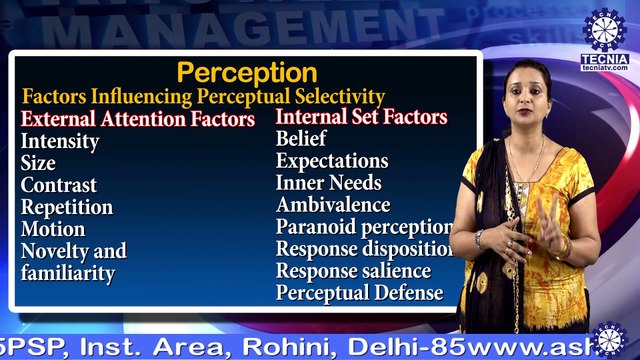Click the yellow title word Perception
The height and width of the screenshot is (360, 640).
pyautogui.click(x=247, y=73)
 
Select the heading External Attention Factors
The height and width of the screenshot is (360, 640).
pyautogui.click(x=138, y=120)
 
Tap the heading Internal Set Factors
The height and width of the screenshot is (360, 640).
pyautogui.click(x=361, y=117)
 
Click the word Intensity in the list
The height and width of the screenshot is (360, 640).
pyautogui.click(x=60, y=141)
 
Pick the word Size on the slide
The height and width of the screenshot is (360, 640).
pyautogui.click(x=38, y=163)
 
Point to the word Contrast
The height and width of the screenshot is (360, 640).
pyautogui.click(x=59, y=185)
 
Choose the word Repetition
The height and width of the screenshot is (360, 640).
pyautogui.click(x=67, y=207)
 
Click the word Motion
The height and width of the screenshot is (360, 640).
pyautogui.click(x=53, y=229)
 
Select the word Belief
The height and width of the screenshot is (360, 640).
pyautogui.click(x=301, y=139)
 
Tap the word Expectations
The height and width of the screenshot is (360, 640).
pyautogui.click(x=332, y=161)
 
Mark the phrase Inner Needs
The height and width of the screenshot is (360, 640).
pyautogui.click(x=329, y=183)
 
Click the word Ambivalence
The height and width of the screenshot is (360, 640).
pyautogui.click(x=333, y=205)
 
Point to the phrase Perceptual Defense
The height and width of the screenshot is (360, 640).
pyautogui.click(x=359, y=293)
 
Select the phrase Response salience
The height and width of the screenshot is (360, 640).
pyautogui.click(x=354, y=271)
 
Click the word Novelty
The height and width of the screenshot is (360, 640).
pyautogui.click(x=57, y=251)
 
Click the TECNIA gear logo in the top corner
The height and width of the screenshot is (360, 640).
pyautogui.click(x=603, y=31)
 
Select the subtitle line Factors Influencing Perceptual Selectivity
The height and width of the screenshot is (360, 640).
pyautogui.click(x=203, y=97)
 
